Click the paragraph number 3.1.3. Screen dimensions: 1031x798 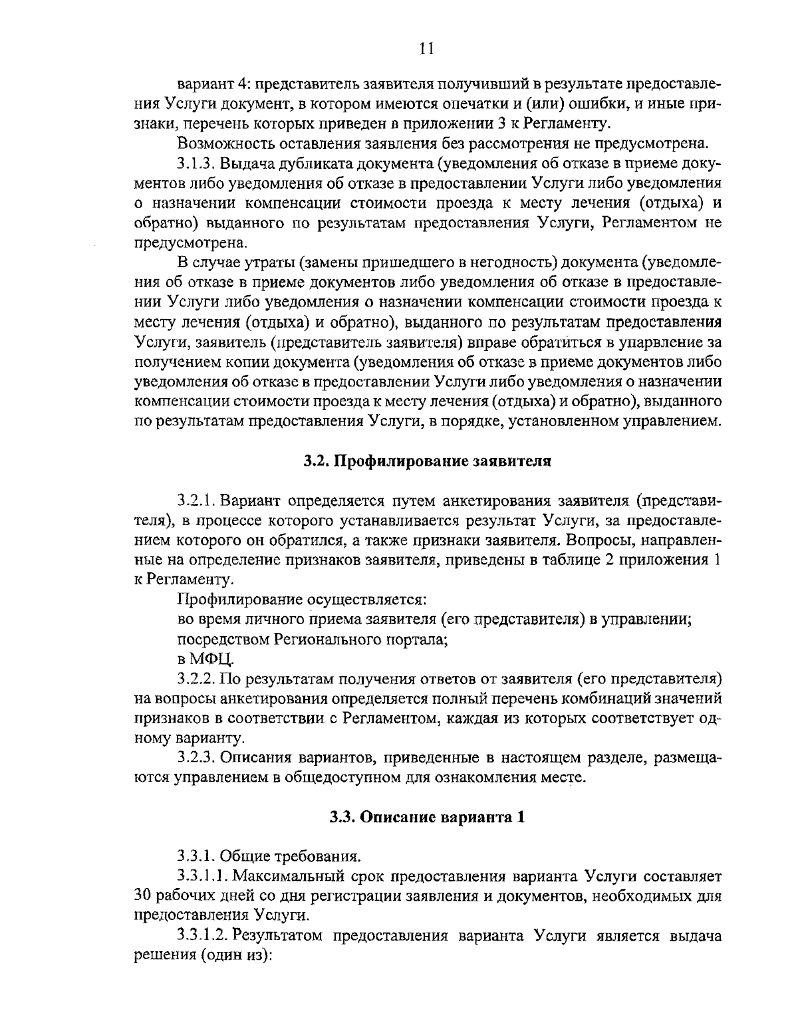[196, 164]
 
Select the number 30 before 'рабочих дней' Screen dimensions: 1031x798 [142, 895]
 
